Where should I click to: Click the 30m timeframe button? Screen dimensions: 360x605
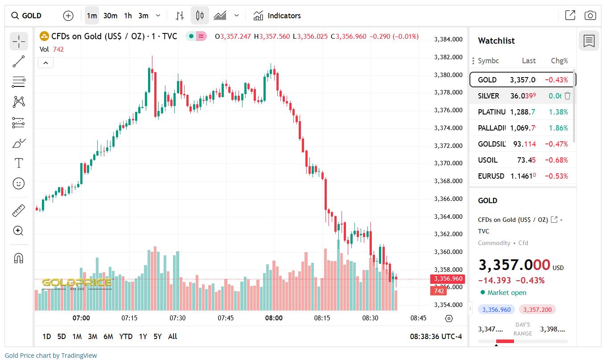pos(110,16)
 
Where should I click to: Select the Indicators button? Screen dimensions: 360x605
pos(277,16)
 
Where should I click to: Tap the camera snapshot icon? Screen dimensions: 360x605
pos(590,16)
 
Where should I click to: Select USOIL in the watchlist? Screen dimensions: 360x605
pos(487,160)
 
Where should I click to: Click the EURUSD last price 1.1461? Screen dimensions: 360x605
pos(523,176)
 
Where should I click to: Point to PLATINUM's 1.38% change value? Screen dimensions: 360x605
pos(559,112)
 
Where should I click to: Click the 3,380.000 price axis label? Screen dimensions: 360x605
pos(448,75)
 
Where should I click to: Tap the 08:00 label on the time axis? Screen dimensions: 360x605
pos(274,318)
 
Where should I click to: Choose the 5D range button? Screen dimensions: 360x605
pos(62,336)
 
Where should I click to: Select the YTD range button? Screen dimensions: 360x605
pos(126,336)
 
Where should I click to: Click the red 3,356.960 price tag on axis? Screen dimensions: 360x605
pos(447,279)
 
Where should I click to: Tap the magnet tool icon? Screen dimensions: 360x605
pos(19,258)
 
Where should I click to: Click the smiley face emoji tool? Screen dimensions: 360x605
pos(19,183)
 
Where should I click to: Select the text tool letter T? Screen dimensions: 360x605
pos(19,163)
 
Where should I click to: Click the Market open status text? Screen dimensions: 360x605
pos(506,293)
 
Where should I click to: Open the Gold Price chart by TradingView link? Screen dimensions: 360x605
pos(51,356)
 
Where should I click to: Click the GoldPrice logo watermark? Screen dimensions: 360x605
pos(77,283)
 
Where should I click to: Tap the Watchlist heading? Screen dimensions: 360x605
pos(496,41)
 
